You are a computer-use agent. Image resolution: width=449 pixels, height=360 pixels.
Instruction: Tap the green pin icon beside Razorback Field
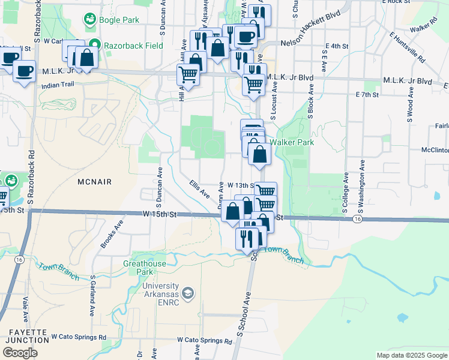pyautogui.click(x=94, y=45)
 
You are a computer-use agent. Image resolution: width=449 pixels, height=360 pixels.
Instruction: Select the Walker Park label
pyautogui.click(x=292, y=143)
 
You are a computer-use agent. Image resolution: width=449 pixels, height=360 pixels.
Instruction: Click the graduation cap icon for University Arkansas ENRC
pyautogui.click(x=188, y=293)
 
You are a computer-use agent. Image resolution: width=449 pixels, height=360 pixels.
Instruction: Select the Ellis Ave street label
pyautogui.click(x=199, y=189)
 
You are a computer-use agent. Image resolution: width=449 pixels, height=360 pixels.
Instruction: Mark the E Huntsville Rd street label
pyautogui.click(x=406, y=48)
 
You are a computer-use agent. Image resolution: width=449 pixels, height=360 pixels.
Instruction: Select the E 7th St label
pyautogui.click(x=367, y=95)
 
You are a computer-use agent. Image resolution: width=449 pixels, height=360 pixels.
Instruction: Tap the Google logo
pyautogui.click(x=20, y=352)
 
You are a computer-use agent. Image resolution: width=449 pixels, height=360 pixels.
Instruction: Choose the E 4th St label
pyautogui.click(x=336, y=46)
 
